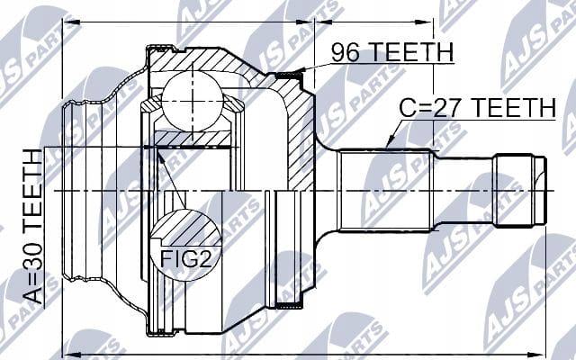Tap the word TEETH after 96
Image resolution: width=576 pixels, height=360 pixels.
tap(411, 52)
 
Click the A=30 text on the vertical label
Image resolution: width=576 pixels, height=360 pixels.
tap(33, 279)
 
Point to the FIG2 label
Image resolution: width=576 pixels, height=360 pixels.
tap(186, 258)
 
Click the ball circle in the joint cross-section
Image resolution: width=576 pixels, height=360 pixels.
tap(192, 101)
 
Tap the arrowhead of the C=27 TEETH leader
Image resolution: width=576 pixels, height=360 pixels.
tap(391, 142)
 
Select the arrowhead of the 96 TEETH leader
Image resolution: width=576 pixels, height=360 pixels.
tap(300, 70)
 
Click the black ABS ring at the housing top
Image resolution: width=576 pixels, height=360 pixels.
tap(289, 76)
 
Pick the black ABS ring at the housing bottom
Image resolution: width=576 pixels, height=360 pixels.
tap(289, 305)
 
